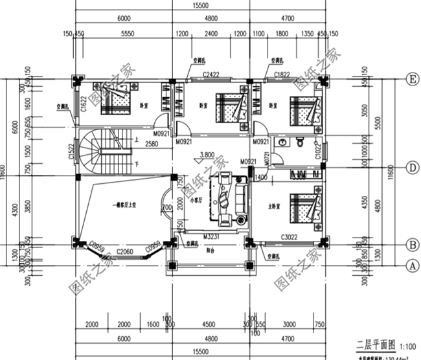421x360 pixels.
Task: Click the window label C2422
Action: point(210,75)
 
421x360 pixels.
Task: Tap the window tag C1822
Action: point(282,75)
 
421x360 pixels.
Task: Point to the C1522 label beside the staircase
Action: point(71,152)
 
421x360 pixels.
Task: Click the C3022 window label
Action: point(289,237)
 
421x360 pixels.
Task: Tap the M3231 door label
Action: point(210,237)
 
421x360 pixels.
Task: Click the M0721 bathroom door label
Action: point(266,157)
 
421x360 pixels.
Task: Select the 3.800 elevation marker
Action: point(208,155)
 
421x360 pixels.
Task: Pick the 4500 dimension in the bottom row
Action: point(209,324)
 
